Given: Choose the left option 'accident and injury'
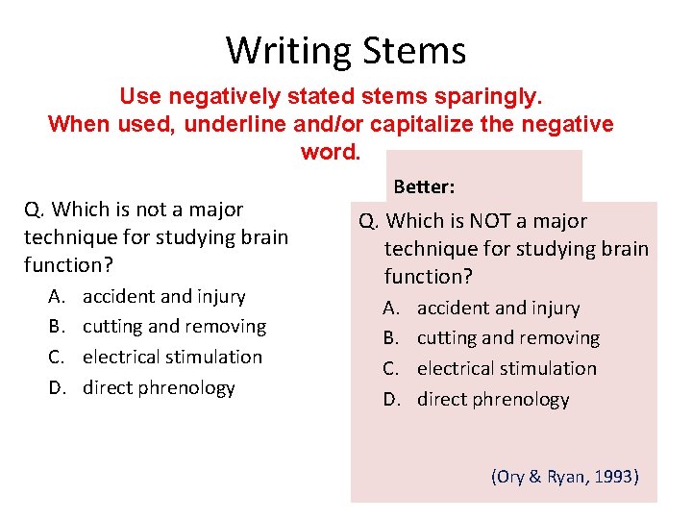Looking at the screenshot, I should click(163, 296).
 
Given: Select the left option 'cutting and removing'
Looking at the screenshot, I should click(174, 327).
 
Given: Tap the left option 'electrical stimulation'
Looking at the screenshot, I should click(172, 357).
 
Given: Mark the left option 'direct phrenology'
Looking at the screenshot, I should click(159, 387).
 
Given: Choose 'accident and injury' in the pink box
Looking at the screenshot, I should click(498, 309).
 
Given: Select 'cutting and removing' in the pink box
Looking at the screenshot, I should click(507, 338).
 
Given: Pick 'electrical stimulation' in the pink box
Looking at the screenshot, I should click(507, 369).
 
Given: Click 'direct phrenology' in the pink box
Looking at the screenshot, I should click(493, 399).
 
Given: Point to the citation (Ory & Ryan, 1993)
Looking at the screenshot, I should click(565, 476).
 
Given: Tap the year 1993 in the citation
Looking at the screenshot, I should click(613, 476).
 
